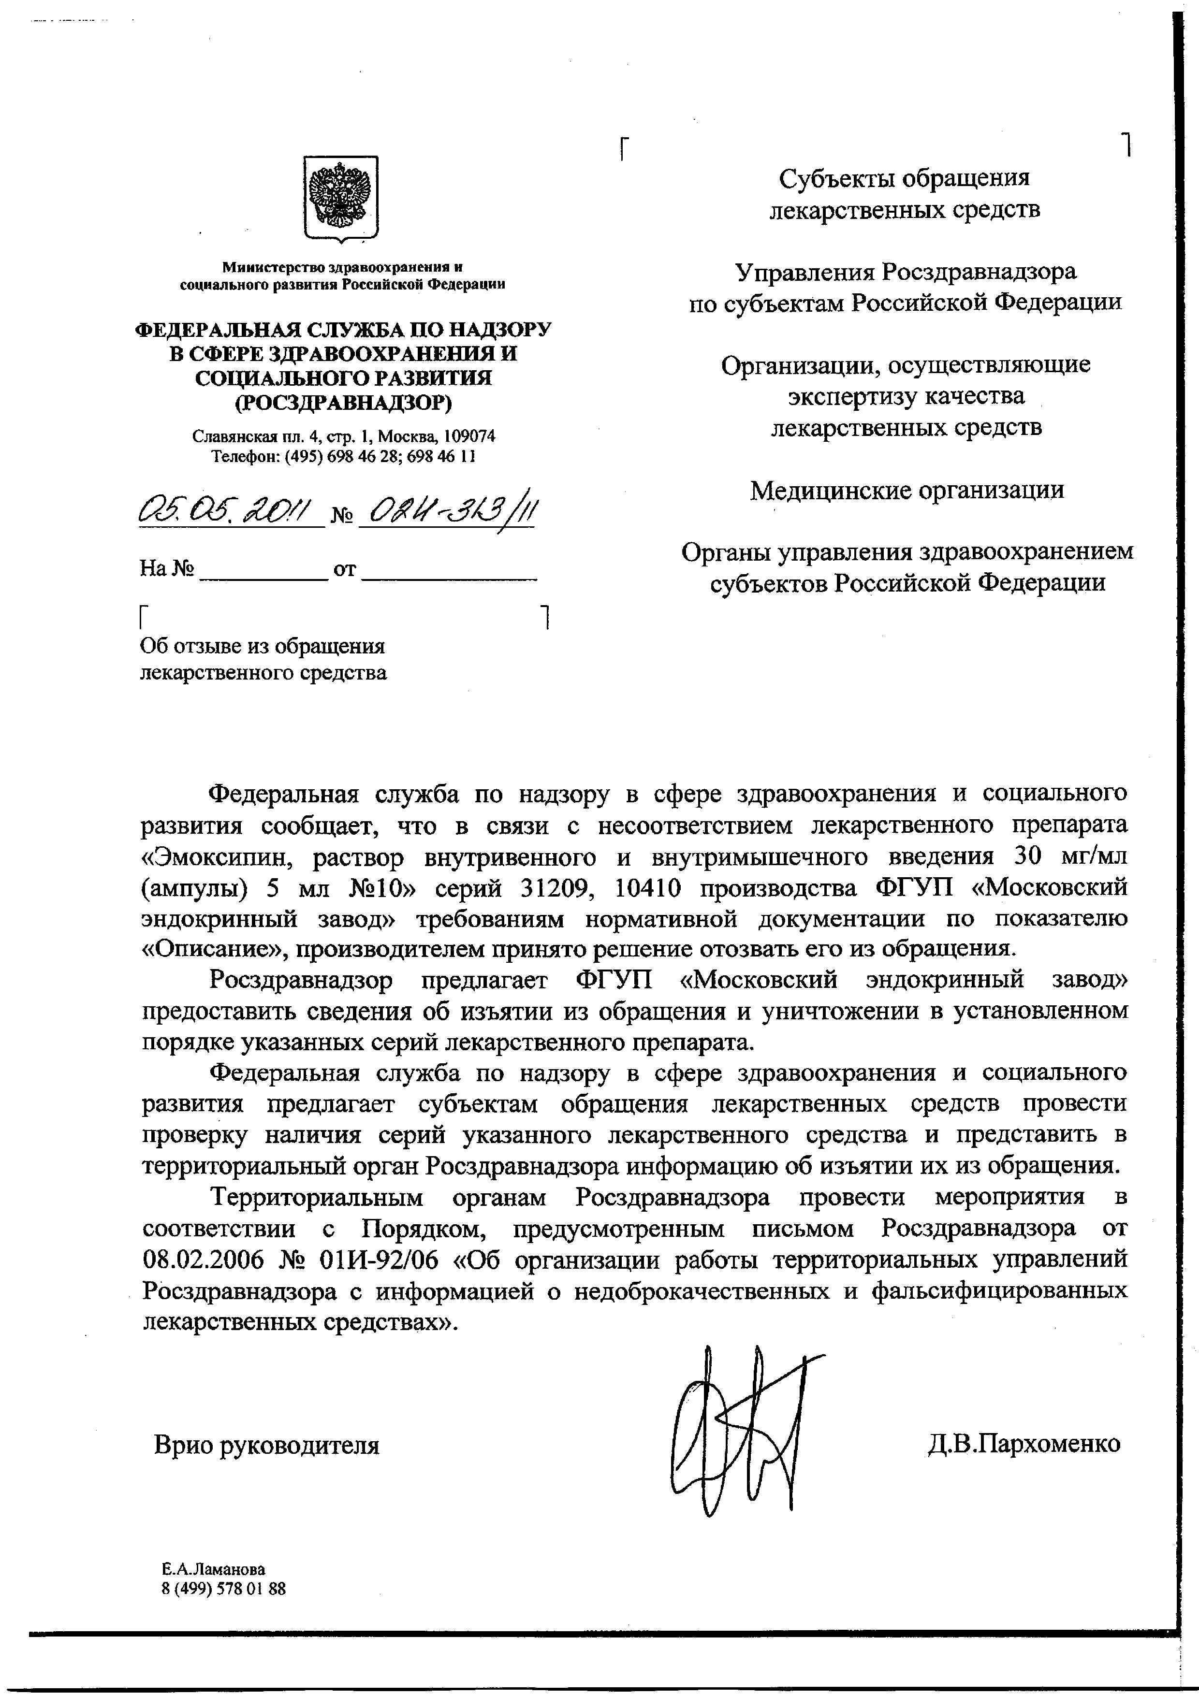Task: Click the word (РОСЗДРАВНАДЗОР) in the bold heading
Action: tap(343, 402)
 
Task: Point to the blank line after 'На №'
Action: tap(263, 570)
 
